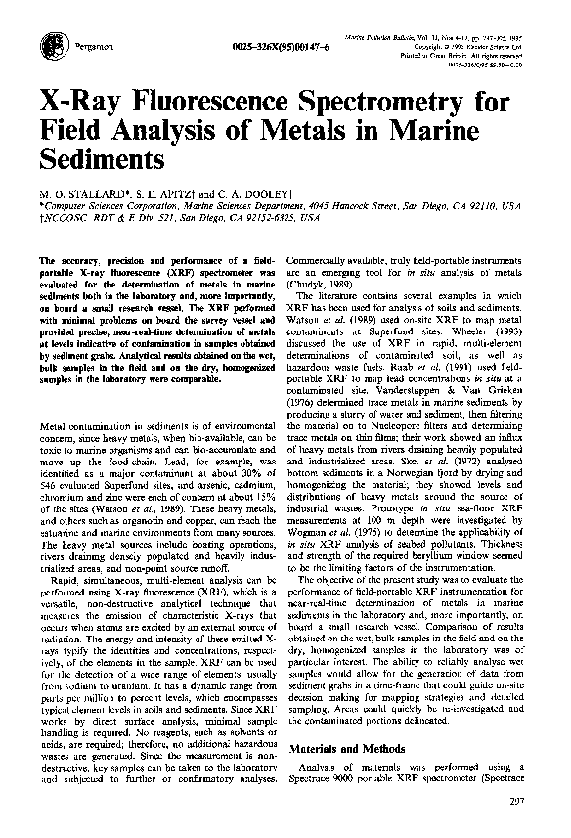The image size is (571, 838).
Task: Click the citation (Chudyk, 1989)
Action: [336, 284]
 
